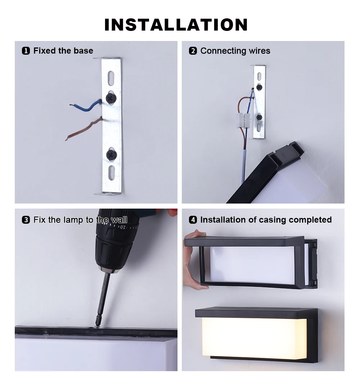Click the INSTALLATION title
point(176,25)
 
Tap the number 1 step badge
point(26,51)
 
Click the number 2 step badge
point(193,51)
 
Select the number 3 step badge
point(26,220)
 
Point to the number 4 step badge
point(193,220)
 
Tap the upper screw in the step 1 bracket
point(111,98)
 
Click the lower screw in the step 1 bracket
point(112,155)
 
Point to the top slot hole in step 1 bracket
point(111,75)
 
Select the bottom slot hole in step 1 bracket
point(112,173)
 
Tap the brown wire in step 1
point(84,129)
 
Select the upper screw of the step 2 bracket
point(259,87)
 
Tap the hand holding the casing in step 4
point(194,260)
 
